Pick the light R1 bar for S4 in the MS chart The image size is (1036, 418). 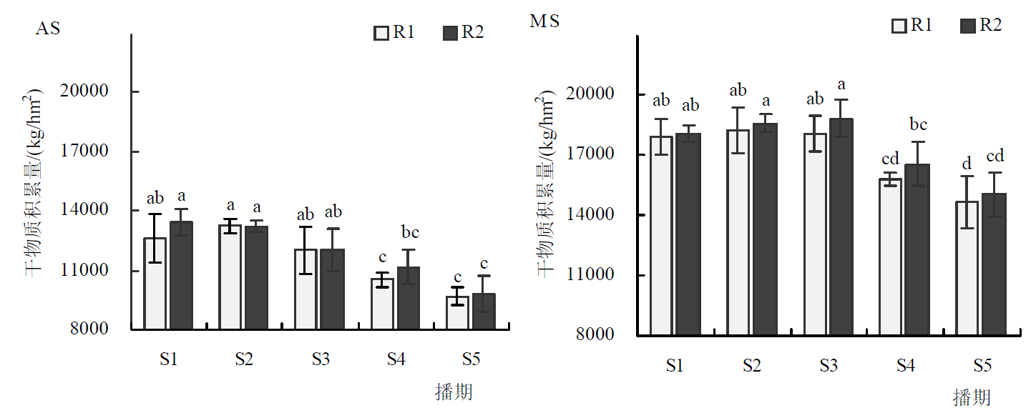point(891,257)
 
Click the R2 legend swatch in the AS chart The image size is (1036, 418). point(450,33)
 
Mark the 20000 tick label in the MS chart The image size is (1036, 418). point(594,94)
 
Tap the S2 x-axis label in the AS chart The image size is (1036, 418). point(245,359)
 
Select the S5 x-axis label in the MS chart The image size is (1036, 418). point(982,366)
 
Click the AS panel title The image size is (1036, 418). point(48,30)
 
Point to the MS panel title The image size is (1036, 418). point(544,21)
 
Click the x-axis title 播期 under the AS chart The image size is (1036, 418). point(454,392)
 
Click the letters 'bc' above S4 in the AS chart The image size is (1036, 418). point(409,232)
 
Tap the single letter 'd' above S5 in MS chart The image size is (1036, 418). point(968,164)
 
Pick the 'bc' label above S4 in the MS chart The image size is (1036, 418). point(918,125)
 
